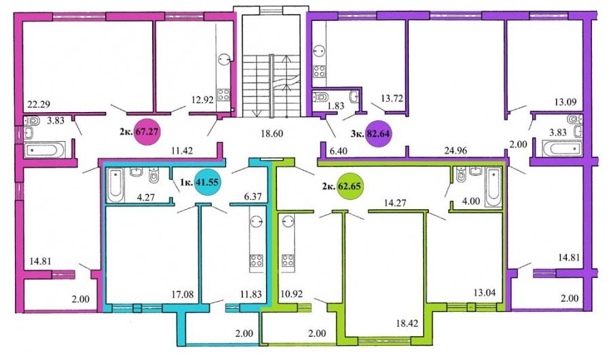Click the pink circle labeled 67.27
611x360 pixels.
[x=147, y=131]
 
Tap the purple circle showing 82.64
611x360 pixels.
[x=378, y=134]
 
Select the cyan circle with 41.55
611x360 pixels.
[x=208, y=182]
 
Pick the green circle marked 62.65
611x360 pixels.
[x=349, y=185]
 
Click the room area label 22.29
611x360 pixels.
[x=38, y=104]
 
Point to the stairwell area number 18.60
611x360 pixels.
[x=272, y=133]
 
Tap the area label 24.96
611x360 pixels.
[x=456, y=150]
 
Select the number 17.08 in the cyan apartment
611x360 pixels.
[x=182, y=294]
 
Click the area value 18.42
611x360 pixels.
[x=407, y=323]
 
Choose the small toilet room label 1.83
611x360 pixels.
[x=335, y=105]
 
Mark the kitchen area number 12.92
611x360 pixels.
[x=202, y=100]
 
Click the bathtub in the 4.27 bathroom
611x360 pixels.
[x=115, y=185]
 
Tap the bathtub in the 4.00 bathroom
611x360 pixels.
[x=494, y=187]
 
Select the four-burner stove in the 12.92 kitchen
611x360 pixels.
[x=223, y=95]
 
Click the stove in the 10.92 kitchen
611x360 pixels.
[x=288, y=260]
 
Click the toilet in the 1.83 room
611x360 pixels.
[x=320, y=96]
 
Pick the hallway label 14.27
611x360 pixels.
[x=394, y=202]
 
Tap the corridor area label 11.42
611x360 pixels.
[x=182, y=149]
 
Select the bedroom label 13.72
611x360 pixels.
[x=392, y=98]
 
